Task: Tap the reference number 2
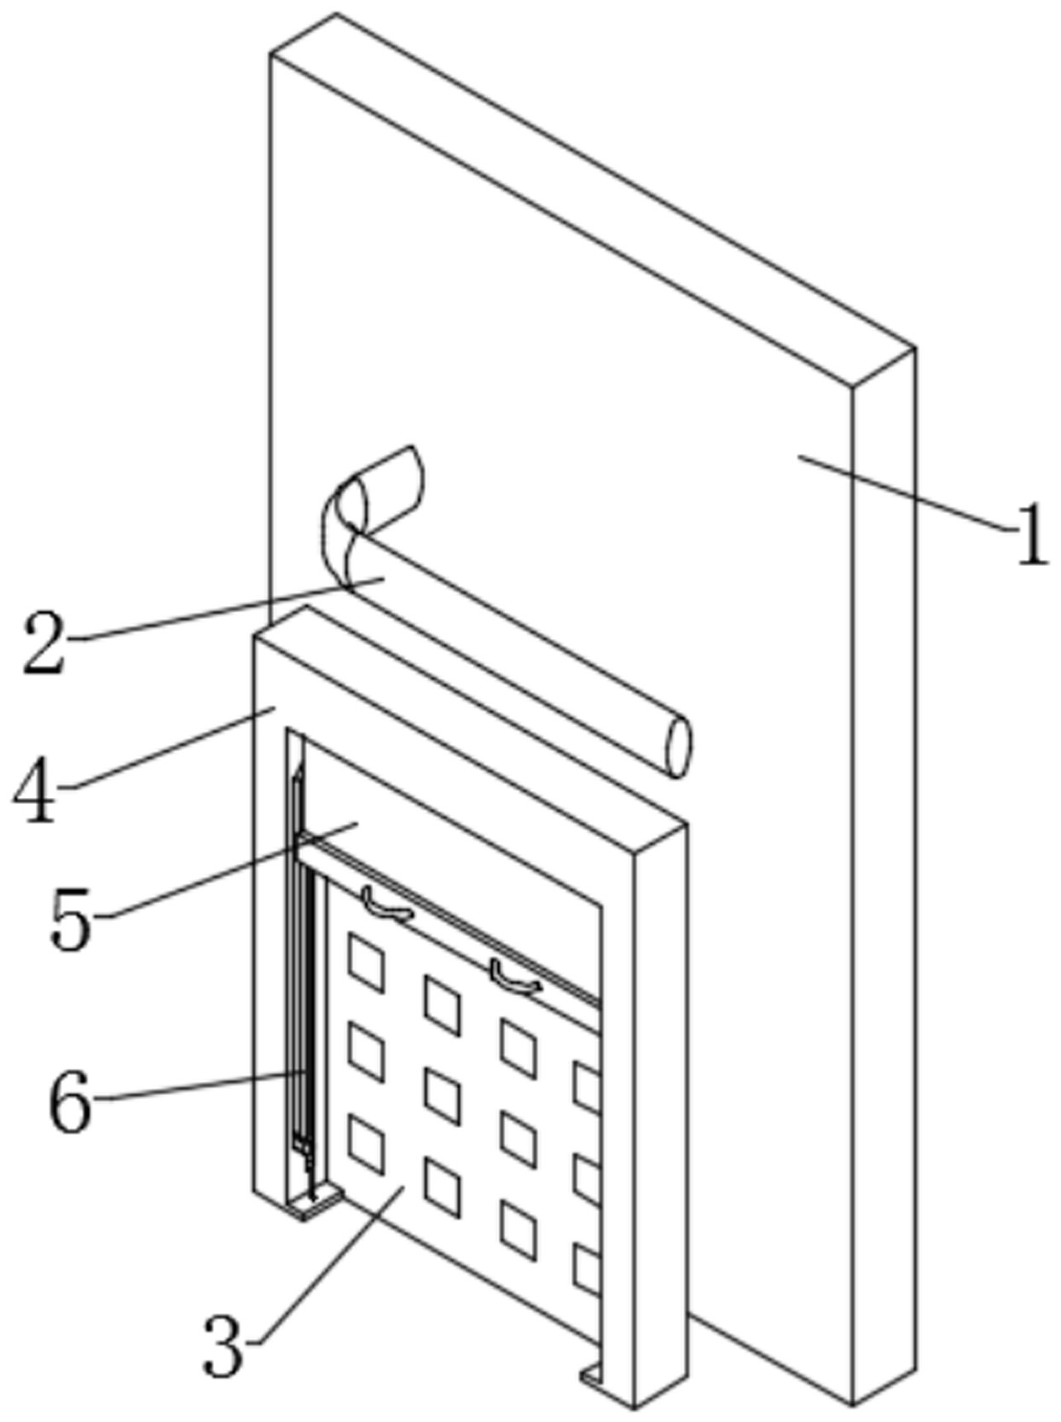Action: pos(44,642)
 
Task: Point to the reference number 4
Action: pos(36,792)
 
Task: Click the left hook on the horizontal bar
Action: pos(386,905)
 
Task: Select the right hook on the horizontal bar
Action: pos(514,977)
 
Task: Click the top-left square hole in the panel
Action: pos(366,963)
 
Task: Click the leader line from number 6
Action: pos(196,1087)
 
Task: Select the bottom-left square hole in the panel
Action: pos(366,1144)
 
